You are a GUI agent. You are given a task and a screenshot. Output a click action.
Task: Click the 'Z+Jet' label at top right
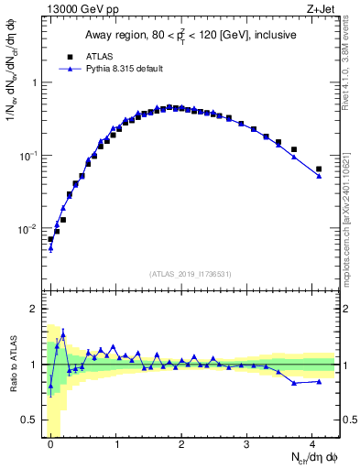pos(322,9)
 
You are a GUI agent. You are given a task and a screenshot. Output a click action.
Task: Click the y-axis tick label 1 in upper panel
pos(34,82)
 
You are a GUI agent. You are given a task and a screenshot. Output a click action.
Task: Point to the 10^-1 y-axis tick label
pos(29,155)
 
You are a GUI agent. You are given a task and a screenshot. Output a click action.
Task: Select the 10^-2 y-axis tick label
pos(29,228)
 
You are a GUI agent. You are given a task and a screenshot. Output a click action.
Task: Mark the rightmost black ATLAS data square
pos(319,169)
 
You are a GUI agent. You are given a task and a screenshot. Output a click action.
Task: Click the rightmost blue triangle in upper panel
pos(319,176)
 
